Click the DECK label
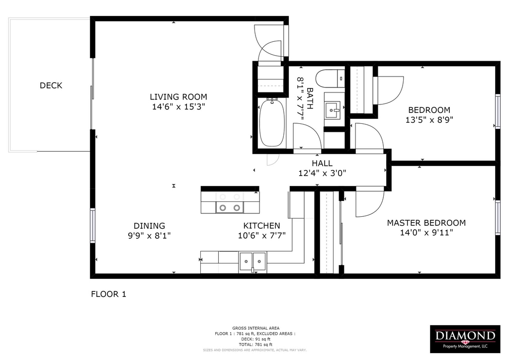[x=51, y=86]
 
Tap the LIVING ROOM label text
[x=178, y=97]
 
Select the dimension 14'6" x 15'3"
[x=178, y=106]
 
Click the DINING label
[x=149, y=226]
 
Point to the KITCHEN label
[x=261, y=226]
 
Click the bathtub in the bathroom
[x=272, y=123]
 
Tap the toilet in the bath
[x=330, y=79]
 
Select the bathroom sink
[x=332, y=110]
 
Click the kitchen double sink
[x=253, y=262]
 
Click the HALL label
[x=322, y=163]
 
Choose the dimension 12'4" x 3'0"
[x=322, y=173]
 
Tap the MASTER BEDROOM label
[x=426, y=223]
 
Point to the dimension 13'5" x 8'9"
[x=429, y=120]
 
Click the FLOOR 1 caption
[x=108, y=294]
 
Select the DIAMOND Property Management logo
[x=465, y=339]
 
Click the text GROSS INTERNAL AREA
[x=256, y=328]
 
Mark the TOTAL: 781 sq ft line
[x=255, y=345]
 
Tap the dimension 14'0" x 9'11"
[x=426, y=232]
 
